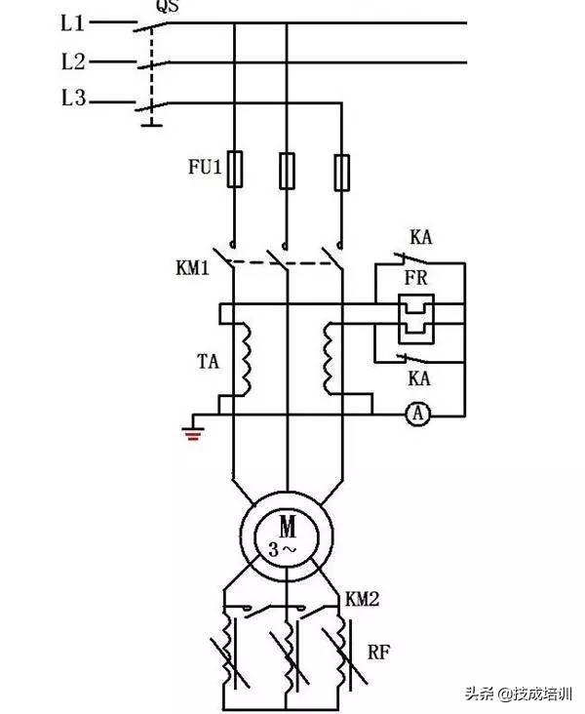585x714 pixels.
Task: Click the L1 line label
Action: tap(73, 22)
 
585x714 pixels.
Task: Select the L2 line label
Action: tap(73, 61)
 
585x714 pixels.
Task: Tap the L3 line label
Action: tap(74, 98)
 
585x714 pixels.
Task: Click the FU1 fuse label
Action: tap(205, 167)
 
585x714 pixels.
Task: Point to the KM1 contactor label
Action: tap(193, 268)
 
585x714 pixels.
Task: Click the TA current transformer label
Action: tap(208, 362)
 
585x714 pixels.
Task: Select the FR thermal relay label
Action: tap(416, 278)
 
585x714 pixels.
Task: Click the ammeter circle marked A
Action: tap(417, 414)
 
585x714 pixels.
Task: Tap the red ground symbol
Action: tap(193, 434)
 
